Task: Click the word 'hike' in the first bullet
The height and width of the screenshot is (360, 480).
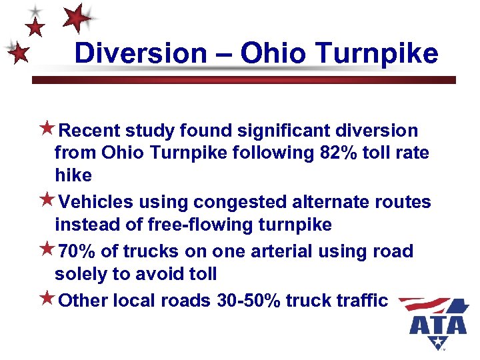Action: [x=73, y=176]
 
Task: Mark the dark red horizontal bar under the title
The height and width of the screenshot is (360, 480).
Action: [x=244, y=79]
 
